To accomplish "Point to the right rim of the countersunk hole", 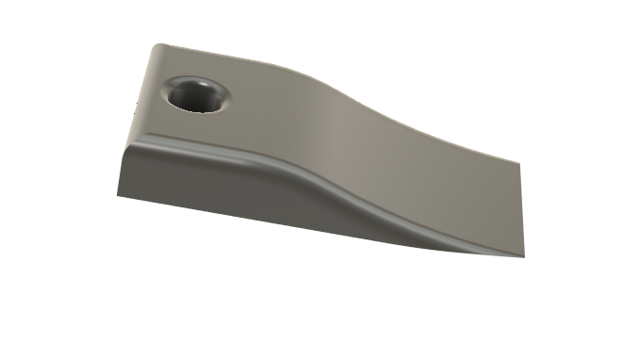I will pyautogui.click(x=227, y=97).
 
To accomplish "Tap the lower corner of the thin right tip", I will pyautogui.click(x=521, y=257).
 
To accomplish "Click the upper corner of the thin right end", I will pyautogui.click(x=521, y=162).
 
